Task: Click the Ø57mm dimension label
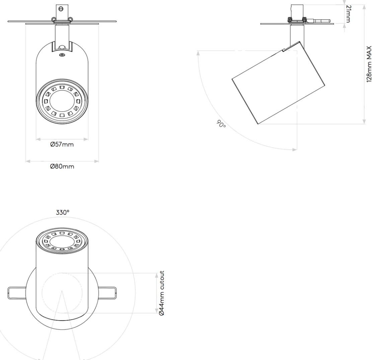pos(62,145)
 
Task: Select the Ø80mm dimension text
pos(62,166)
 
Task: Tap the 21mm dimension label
pos(348,14)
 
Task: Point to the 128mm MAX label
pos(369,64)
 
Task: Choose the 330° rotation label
pos(62,212)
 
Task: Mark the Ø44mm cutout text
pos(162,293)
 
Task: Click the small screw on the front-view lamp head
pos(62,55)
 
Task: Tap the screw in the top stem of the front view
pos(61,9)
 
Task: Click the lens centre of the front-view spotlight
pos(62,101)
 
